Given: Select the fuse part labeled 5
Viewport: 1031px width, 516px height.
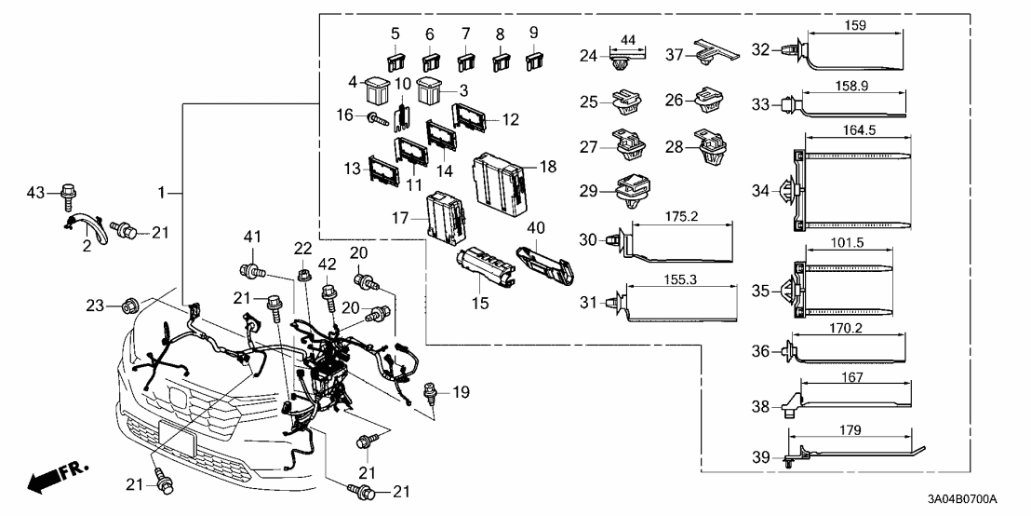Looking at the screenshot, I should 396,62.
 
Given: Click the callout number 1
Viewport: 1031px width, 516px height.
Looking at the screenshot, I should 161,193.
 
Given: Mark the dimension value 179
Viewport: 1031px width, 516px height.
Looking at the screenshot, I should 848,430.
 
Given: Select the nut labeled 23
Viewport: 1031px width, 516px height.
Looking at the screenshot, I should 131,304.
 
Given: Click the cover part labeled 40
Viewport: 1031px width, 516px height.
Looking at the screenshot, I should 544,256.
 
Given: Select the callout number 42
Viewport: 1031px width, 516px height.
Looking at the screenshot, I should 328,264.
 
